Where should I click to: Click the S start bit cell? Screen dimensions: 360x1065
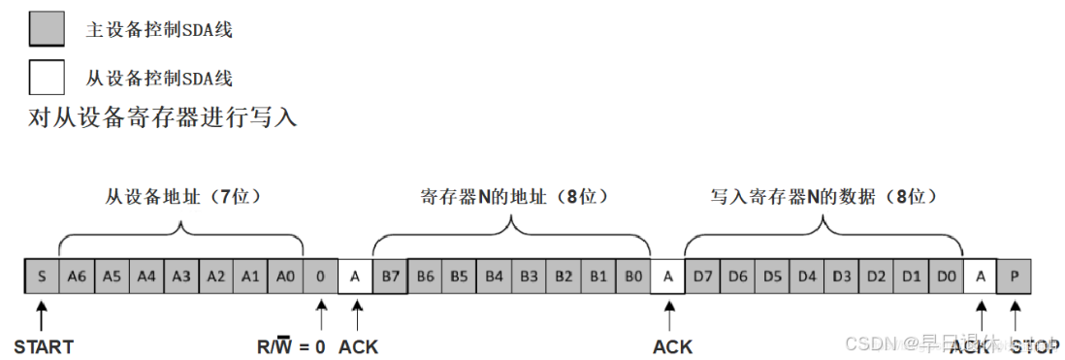(x=42, y=277)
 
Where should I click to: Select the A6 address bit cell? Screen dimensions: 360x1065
(x=77, y=277)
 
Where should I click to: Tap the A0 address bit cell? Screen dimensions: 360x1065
(x=285, y=277)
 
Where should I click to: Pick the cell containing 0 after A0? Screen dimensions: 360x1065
(x=320, y=277)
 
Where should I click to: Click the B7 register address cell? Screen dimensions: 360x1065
(x=390, y=277)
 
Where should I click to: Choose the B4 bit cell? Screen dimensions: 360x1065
(x=495, y=277)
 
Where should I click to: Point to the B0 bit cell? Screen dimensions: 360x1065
(x=633, y=277)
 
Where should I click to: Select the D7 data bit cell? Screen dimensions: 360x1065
(x=702, y=277)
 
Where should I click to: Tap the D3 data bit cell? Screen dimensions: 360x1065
(x=841, y=277)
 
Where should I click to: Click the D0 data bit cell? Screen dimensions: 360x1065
(x=946, y=277)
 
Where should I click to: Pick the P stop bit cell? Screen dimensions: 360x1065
(x=1015, y=277)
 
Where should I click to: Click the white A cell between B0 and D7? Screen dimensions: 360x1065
(x=667, y=277)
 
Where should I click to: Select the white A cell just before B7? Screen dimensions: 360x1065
(x=355, y=277)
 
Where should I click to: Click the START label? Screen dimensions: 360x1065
(x=43, y=346)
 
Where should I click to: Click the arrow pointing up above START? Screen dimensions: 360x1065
(x=42, y=315)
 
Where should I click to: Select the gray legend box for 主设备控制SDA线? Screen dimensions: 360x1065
(x=48, y=29)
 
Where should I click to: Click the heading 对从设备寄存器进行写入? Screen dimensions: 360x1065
(x=163, y=118)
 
